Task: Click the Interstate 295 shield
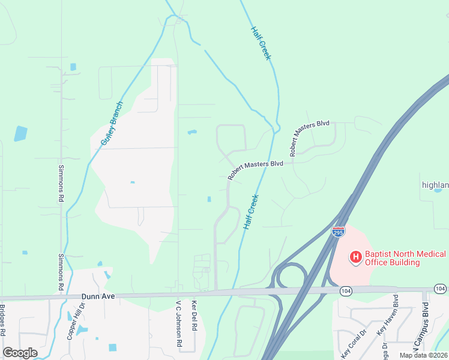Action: (x=338, y=232)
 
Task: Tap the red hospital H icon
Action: (x=356, y=257)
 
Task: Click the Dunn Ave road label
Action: (x=98, y=296)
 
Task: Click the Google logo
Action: (x=20, y=353)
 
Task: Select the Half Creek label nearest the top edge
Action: (x=261, y=43)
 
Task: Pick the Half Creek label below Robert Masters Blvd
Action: (x=251, y=212)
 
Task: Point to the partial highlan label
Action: (x=435, y=185)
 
